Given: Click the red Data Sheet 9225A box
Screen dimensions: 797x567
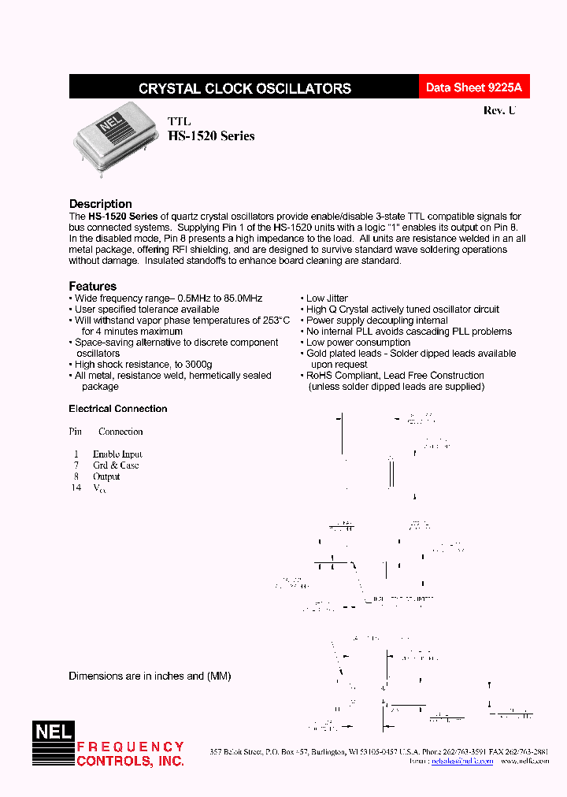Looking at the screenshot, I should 472,88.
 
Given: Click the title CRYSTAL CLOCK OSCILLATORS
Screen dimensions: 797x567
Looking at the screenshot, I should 244,89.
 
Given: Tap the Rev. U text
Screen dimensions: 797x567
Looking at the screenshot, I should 499,111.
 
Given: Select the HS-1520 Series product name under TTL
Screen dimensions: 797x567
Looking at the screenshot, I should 211,135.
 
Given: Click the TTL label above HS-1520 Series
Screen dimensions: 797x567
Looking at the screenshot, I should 179,121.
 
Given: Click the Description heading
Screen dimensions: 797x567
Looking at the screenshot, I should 100,204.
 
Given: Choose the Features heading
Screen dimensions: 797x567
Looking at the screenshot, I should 92,287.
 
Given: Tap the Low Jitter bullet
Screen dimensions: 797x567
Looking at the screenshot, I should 326,298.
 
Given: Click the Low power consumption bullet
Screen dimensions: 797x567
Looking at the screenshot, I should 358,343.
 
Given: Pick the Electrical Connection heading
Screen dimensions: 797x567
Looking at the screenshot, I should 118,409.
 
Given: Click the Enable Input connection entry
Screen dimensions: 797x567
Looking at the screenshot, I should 117,454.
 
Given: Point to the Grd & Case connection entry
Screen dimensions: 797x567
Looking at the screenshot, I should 116,465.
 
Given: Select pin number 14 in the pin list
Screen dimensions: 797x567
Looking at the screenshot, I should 76,487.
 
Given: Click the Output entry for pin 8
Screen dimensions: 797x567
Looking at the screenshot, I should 106,476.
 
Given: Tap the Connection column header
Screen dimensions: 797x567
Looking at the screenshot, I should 120,432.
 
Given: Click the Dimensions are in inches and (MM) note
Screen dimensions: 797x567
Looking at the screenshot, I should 150,677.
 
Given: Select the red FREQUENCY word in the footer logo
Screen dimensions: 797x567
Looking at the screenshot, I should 130,747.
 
